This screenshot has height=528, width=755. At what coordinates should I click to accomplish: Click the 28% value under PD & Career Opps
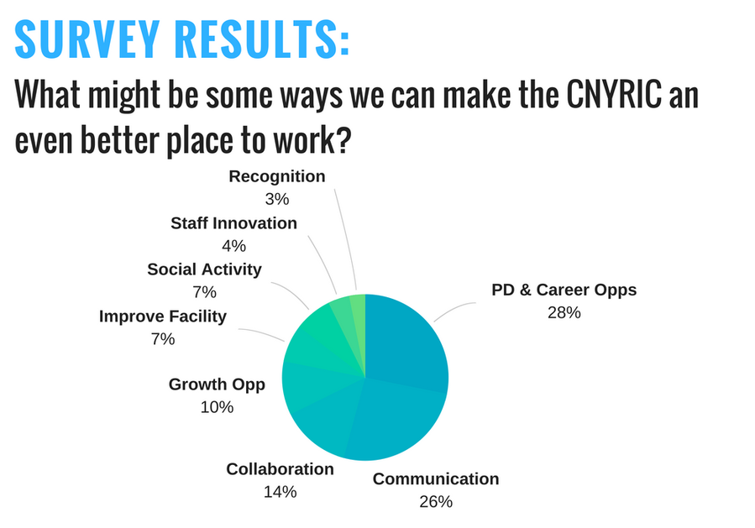(564, 313)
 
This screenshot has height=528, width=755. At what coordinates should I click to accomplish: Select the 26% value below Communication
(436, 502)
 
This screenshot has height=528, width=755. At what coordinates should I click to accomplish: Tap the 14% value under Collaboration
(280, 492)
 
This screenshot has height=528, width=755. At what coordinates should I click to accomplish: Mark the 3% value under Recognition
(277, 199)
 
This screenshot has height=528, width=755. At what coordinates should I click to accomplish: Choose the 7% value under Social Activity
(205, 292)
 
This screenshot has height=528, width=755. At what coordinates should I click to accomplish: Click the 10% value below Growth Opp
(218, 407)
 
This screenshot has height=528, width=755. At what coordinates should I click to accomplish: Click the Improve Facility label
(163, 316)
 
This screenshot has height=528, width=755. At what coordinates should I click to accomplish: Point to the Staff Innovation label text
(234, 223)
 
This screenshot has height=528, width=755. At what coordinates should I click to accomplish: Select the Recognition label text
(277, 177)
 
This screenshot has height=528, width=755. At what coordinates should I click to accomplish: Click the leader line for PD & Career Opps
(454, 310)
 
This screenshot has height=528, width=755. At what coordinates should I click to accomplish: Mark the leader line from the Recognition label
(346, 239)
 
